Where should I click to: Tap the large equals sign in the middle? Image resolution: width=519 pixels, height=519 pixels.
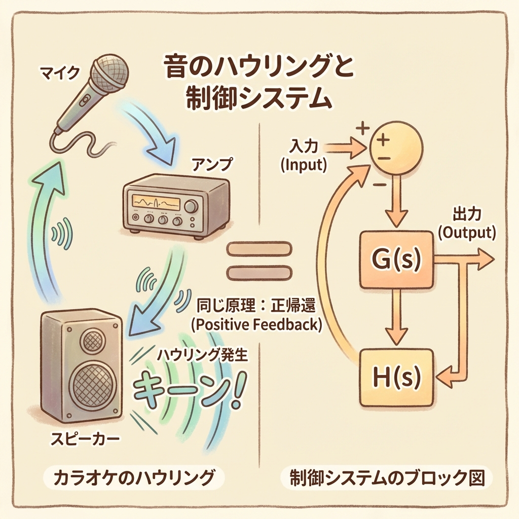(x=258, y=262)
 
